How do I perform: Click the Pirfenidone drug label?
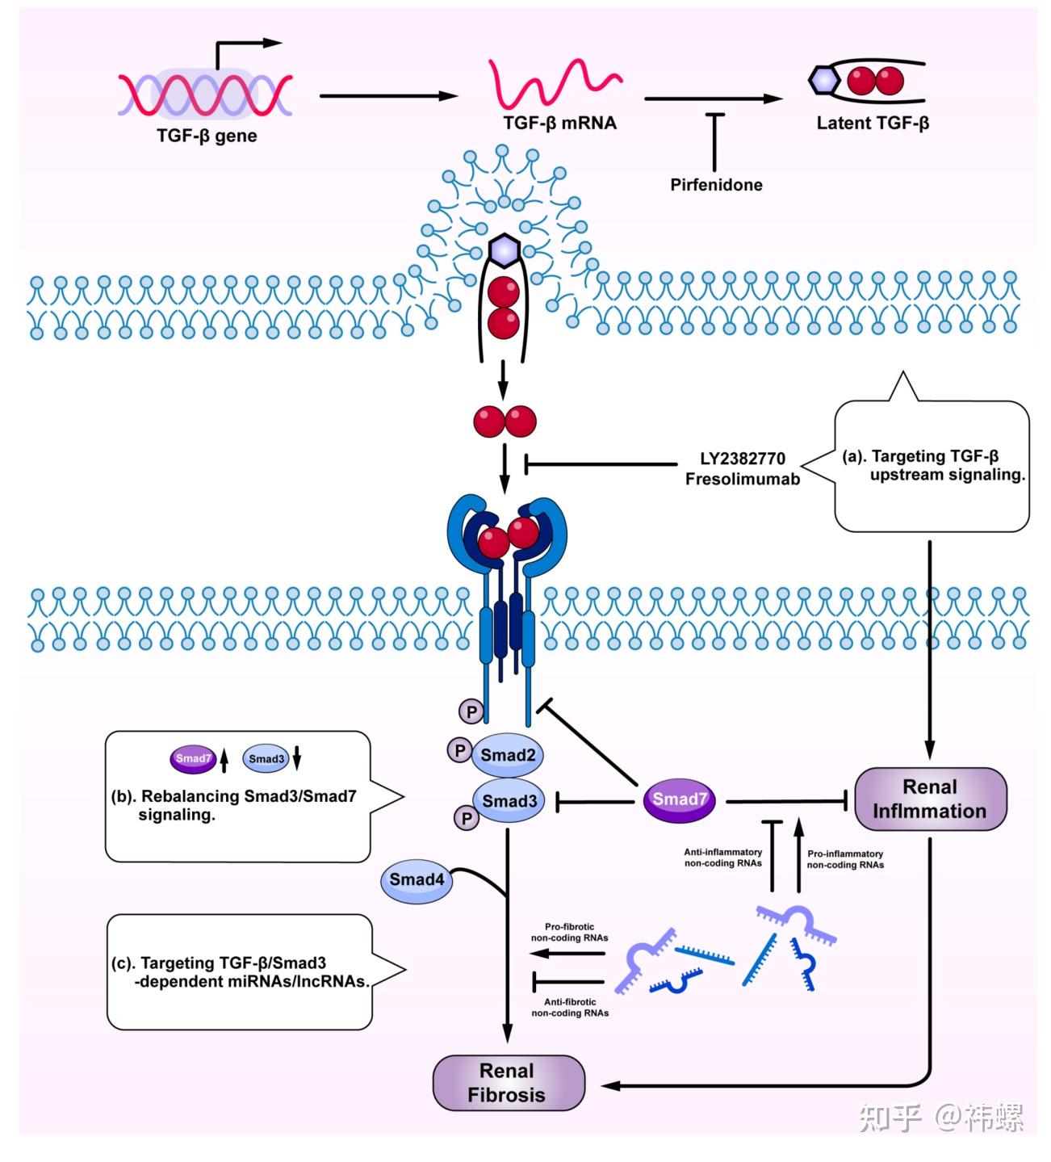pos(716,185)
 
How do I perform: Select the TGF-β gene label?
pos(207,136)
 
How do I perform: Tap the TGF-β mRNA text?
pos(560,123)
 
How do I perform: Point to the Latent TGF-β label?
pos(873,123)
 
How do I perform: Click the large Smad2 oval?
pos(507,755)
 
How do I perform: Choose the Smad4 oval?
pos(417,879)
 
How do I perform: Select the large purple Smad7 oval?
pos(680,800)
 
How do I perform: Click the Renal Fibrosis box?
pos(509,1083)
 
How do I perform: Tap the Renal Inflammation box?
pos(931,799)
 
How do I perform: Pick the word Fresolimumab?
pos(743,479)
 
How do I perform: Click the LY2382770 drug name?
pos(743,459)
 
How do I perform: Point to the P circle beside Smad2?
pos(460,751)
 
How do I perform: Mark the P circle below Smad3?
pos(466,818)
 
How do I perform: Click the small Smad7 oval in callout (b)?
pos(193,759)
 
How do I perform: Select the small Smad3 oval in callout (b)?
pos(266,759)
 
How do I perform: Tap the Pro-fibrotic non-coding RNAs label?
pos(570,932)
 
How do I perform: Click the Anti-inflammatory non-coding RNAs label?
pos(723,858)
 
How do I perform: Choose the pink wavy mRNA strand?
pos(555,83)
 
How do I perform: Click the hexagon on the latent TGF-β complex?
pos(825,80)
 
